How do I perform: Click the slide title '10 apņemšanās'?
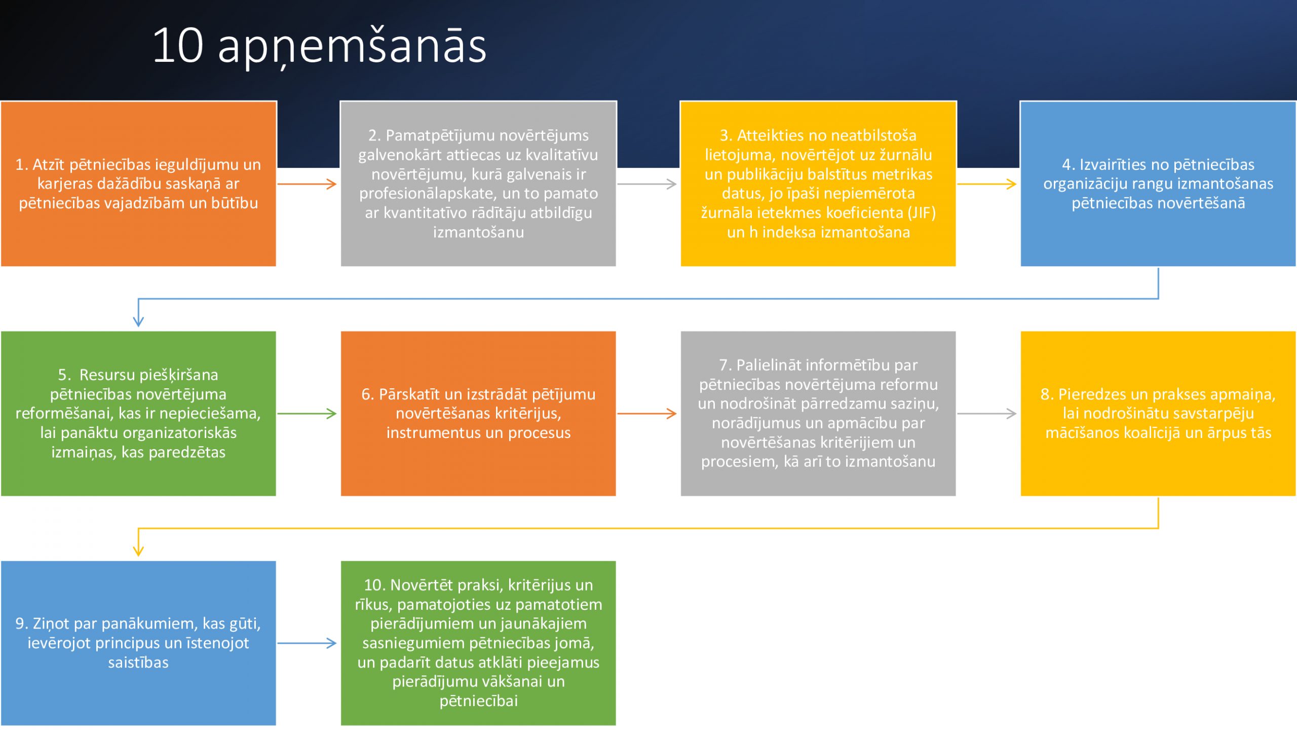pos(319,47)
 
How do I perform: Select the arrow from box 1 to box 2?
pos(307,184)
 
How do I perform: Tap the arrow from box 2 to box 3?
pos(647,184)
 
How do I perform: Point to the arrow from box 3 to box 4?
pos(987,184)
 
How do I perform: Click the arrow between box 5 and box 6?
pos(307,414)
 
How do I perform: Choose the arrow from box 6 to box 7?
pos(647,414)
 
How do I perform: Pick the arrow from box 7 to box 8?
pos(987,414)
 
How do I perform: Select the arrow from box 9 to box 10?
pos(307,643)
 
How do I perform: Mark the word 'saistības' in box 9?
pos(138,663)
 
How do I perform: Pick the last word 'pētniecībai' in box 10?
pos(479,701)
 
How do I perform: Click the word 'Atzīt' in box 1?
pos(49,165)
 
